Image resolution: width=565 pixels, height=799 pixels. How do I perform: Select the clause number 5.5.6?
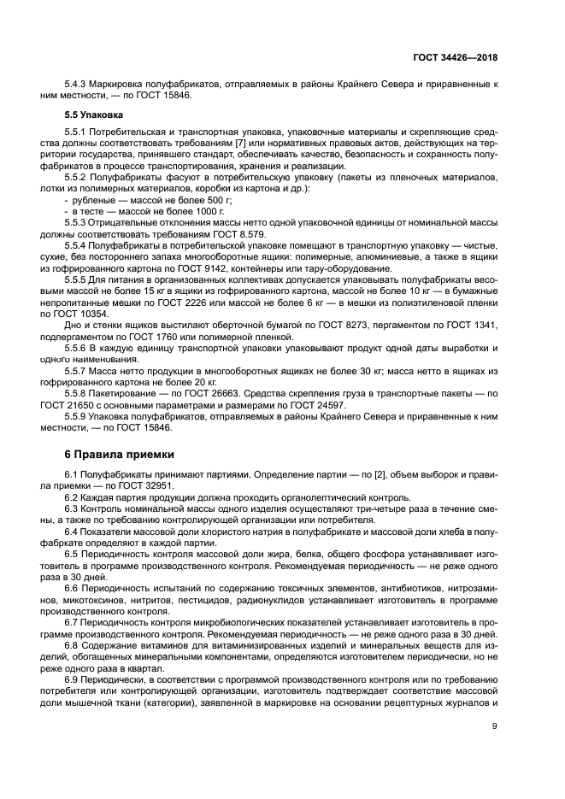[x=79, y=348]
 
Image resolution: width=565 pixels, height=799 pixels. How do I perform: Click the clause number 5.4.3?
[x=79, y=85]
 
